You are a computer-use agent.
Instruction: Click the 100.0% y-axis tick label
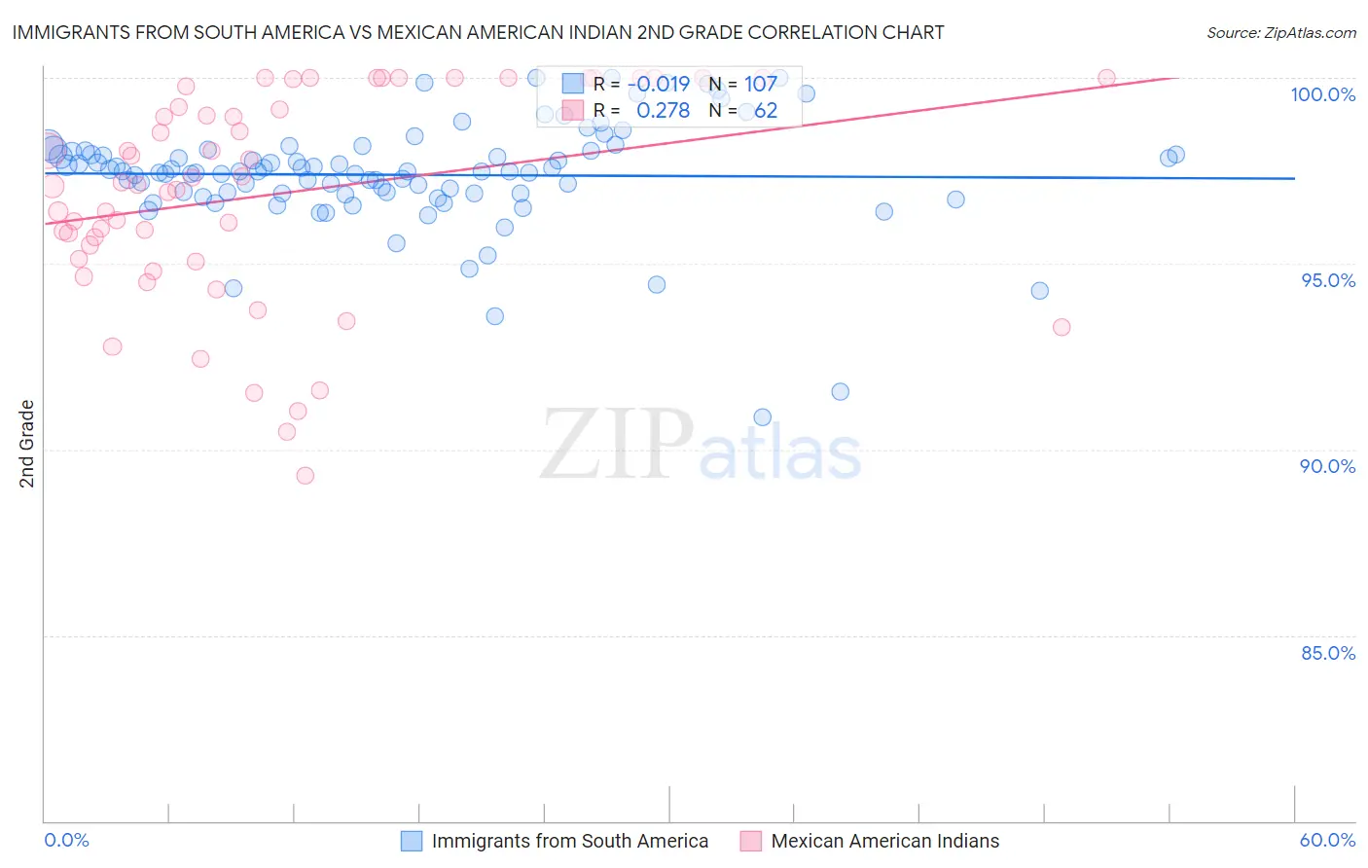coord(1322,94)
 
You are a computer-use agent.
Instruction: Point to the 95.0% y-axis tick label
coord(1328,280)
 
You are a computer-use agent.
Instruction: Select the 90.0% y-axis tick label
coord(1327,466)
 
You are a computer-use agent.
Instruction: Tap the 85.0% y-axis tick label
coord(1328,653)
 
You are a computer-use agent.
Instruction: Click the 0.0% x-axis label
coord(66,840)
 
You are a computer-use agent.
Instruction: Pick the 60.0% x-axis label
coord(1327,840)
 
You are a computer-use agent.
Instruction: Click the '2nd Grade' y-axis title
coord(27,444)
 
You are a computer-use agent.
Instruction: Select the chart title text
coord(478,32)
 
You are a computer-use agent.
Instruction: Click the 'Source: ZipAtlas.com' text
coord(1280,33)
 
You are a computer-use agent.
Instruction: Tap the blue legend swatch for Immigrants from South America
coord(412,841)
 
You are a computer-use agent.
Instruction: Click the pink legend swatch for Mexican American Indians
coord(750,841)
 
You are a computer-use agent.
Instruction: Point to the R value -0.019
coord(659,84)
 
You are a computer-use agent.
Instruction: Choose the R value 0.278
coord(663,111)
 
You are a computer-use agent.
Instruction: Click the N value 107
coord(761,84)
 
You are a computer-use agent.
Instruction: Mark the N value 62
coord(766,111)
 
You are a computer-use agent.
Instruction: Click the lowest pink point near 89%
coord(306,476)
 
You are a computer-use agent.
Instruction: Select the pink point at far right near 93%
coord(1062,327)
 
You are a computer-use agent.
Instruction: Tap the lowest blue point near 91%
coord(762,417)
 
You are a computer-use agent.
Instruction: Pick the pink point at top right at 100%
coord(1106,78)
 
